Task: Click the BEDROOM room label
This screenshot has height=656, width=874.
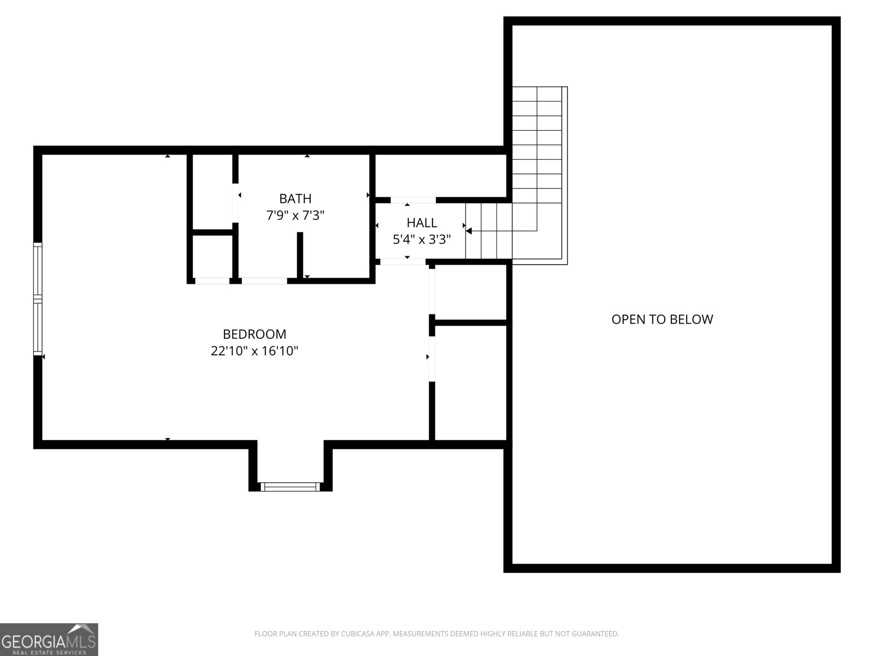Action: [255, 334]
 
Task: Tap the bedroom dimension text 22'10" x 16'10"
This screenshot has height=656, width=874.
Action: [255, 351]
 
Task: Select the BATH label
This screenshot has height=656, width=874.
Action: [295, 198]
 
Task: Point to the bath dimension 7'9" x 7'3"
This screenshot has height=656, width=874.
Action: [295, 215]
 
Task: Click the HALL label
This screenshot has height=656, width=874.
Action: [422, 222]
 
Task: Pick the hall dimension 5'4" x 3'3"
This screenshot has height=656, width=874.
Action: [422, 239]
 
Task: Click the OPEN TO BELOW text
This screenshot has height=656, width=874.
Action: [662, 319]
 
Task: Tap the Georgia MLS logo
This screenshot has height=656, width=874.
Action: [49, 639]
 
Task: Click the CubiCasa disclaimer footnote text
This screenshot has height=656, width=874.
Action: [437, 634]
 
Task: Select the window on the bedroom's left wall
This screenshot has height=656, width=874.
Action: [38, 298]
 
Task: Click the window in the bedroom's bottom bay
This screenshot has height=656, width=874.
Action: [290, 487]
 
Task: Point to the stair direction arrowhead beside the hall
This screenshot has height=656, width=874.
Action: [469, 231]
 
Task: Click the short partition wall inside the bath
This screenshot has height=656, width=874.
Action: [300, 255]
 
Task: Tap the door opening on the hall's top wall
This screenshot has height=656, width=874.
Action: [413, 200]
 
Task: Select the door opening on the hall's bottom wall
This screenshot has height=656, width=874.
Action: [403, 262]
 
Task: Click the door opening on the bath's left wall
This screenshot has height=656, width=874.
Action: [235, 203]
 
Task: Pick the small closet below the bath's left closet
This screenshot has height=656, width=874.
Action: [212, 256]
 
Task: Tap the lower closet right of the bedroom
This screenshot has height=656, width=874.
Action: [470, 383]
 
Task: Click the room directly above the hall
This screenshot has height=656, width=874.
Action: [441, 175]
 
